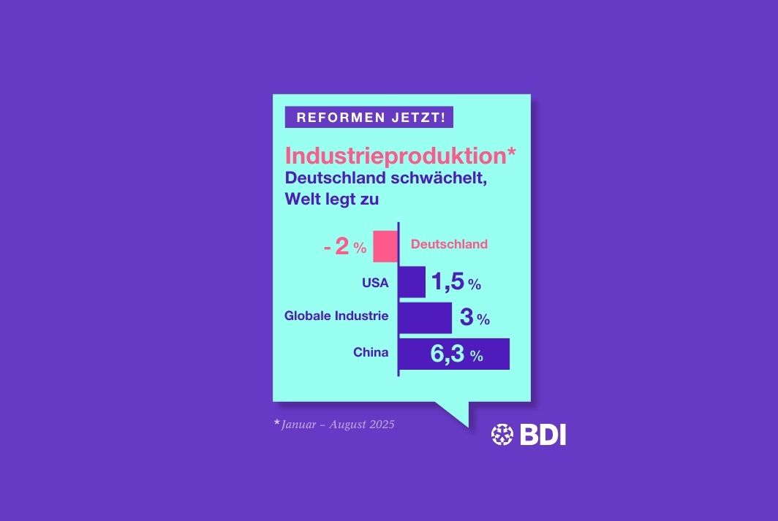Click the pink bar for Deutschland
[x=385, y=246]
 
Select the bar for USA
[x=412, y=282]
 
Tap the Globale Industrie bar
[x=425, y=318]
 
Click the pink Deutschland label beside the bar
[x=449, y=244]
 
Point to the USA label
[x=375, y=283]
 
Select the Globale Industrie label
[x=336, y=316]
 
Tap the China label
[x=371, y=353]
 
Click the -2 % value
[x=345, y=248]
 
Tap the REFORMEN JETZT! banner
[x=369, y=117]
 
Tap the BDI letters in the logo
[x=543, y=435]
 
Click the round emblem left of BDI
[x=502, y=435]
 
